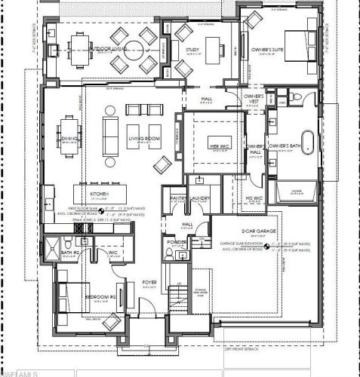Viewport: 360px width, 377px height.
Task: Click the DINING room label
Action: coord(69,139)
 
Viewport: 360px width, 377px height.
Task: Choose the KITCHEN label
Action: coord(101,194)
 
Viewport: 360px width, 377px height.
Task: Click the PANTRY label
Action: coord(178,198)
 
